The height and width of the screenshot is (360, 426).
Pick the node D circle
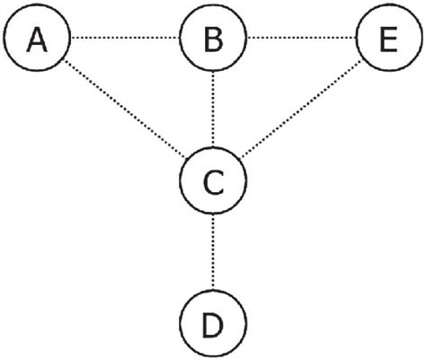(x=213, y=322)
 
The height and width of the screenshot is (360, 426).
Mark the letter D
(x=213, y=323)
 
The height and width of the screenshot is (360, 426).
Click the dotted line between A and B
(x=125, y=38)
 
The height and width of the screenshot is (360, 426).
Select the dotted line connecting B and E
(x=301, y=38)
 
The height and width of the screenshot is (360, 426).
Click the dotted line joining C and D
(x=213, y=252)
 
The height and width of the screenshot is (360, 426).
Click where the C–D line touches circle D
(x=213, y=290)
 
